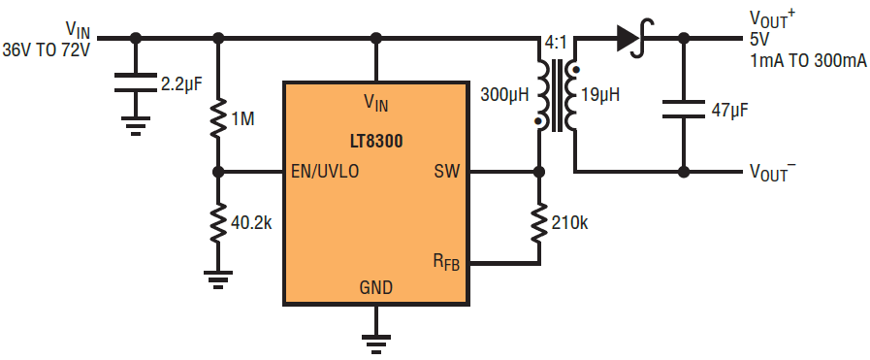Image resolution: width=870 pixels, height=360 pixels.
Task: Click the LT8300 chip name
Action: coord(375,142)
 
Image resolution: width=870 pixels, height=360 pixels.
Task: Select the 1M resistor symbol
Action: coord(218,117)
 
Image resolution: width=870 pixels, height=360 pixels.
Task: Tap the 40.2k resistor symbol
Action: coord(218,222)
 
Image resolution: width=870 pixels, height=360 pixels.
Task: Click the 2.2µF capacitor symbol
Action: coord(136,82)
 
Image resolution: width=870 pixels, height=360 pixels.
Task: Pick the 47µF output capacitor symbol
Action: coord(684,110)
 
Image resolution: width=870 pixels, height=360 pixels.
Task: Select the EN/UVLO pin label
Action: coord(325,172)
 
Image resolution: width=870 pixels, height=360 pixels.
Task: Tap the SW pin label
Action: coord(447,172)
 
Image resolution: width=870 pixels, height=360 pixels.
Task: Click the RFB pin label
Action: coord(447,261)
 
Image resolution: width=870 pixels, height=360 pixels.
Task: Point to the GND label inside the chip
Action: coord(375,287)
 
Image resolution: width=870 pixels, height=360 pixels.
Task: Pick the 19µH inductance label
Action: coord(600,94)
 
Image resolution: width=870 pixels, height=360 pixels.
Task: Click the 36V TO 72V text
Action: coord(46,49)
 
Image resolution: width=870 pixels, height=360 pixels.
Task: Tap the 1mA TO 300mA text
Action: coord(809,61)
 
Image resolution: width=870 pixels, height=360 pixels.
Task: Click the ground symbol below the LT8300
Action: coord(376,343)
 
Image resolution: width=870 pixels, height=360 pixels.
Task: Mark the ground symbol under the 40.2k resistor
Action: coord(218,279)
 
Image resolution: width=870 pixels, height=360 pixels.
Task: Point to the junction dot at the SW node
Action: coord(537,172)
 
